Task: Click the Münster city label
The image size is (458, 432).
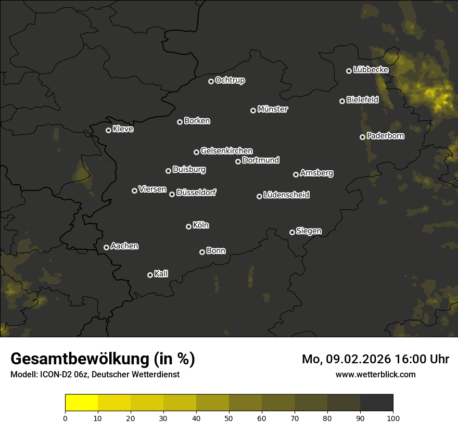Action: point(273,109)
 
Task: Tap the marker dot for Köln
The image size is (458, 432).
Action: point(188,226)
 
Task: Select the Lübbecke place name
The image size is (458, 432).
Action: point(371,70)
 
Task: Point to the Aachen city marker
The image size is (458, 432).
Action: point(106,247)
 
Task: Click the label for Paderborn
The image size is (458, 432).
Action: point(385,136)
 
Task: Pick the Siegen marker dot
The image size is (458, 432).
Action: point(292,232)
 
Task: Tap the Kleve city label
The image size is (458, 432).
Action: point(123,129)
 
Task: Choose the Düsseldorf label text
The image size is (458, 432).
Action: point(196,193)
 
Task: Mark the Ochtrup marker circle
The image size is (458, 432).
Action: point(211,81)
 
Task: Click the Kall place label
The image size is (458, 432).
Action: point(161,274)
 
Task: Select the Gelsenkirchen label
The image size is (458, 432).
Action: point(226,151)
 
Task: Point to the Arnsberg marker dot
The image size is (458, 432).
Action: point(296,174)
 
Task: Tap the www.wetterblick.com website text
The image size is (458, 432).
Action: point(375,374)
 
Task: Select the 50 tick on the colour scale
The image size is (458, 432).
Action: point(229,418)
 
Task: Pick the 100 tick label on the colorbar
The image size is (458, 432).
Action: point(393,418)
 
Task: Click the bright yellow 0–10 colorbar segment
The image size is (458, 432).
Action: point(81,402)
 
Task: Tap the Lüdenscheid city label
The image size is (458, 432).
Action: point(286,195)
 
